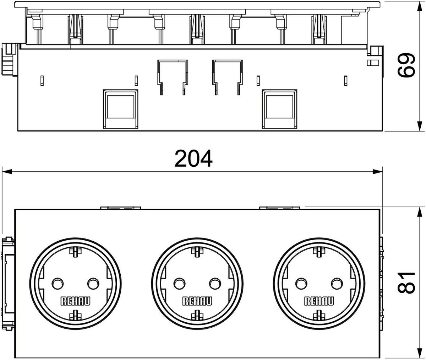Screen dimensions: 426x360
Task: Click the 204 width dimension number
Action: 193,158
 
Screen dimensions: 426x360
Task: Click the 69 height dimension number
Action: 406,65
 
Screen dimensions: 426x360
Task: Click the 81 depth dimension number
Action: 406,283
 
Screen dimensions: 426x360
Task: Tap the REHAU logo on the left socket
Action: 76,301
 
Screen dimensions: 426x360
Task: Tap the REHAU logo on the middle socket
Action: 197,301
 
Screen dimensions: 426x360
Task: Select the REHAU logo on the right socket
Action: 319,301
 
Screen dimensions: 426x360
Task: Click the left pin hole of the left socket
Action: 58,284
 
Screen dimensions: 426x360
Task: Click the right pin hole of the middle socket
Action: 215,284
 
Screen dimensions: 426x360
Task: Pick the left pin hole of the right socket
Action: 301,284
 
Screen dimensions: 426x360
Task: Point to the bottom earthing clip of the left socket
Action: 76,315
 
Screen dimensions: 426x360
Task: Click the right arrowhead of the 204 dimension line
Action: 378,172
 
